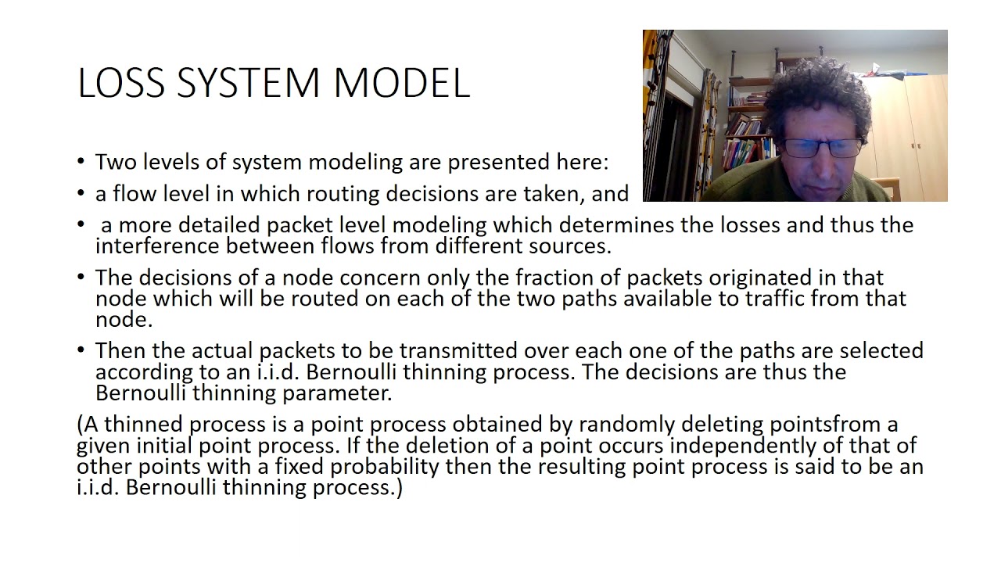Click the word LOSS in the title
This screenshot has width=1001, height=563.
pyautogui.click(x=122, y=83)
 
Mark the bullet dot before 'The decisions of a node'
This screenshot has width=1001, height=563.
pyautogui.click(x=81, y=277)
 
